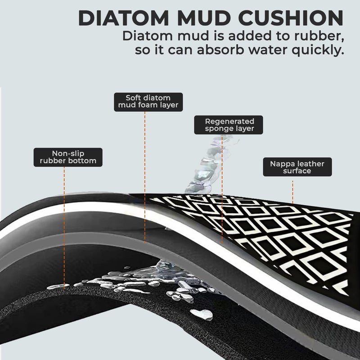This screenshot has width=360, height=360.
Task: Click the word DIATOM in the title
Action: [124, 18]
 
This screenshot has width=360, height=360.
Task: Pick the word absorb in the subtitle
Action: [220, 49]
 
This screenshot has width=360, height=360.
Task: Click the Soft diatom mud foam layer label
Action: [148, 102]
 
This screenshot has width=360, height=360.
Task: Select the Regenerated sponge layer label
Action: [229, 125]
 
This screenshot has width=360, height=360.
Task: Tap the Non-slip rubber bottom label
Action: [68, 157]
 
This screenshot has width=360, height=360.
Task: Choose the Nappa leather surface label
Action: [297, 167]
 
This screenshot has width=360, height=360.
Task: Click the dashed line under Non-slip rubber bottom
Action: [64, 227]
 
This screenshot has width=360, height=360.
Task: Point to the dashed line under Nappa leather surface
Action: [292, 192]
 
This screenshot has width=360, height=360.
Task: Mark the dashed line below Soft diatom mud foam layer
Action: [144, 177]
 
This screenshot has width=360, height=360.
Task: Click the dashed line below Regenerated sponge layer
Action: [222, 189]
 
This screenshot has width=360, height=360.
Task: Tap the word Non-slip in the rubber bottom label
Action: [68, 153]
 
